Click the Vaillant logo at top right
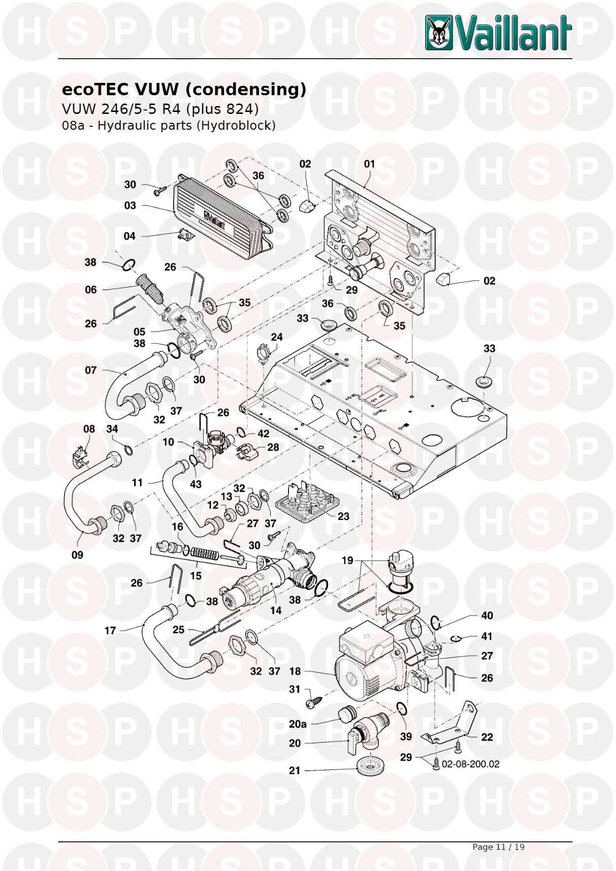(x=499, y=32)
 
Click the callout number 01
(x=369, y=164)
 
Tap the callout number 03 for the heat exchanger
(x=130, y=205)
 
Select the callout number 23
(x=343, y=516)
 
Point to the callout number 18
(x=295, y=671)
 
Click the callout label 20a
(x=298, y=724)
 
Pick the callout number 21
(x=294, y=770)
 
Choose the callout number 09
(x=77, y=555)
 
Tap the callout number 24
(x=277, y=337)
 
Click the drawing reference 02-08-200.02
(x=471, y=764)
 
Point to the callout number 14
(x=276, y=610)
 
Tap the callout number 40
(x=487, y=616)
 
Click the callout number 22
(x=487, y=737)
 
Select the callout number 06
(x=91, y=290)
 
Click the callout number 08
(x=89, y=429)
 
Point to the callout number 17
(x=110, y=630)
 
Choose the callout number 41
(x=487, y=636)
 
